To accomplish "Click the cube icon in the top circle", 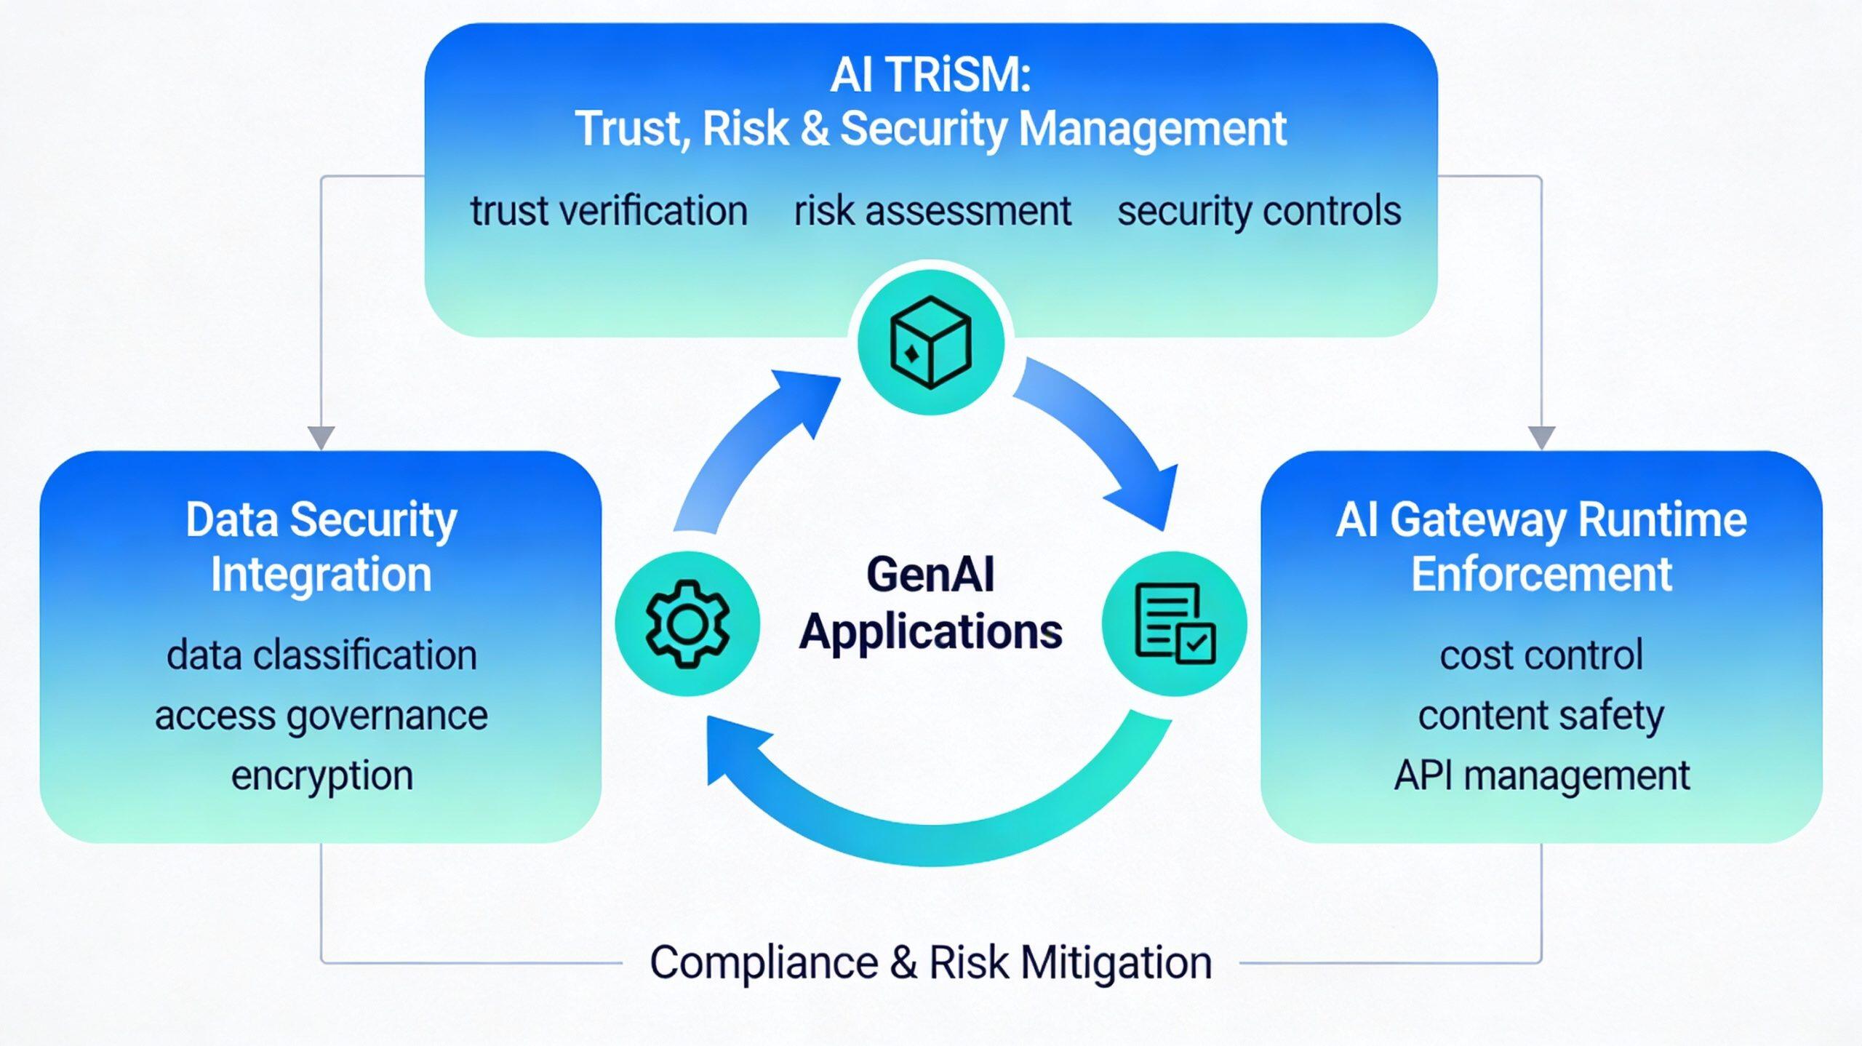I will coord(930,341).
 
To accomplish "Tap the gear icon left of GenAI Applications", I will coord(687,623).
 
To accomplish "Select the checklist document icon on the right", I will coord(1174,623).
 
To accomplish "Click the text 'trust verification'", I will coord(609,211).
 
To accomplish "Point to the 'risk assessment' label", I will coord(932,211).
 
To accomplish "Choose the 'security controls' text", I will coord(1259,211).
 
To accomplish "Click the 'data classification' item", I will coord(321,655).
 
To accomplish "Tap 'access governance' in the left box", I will coord(321,716).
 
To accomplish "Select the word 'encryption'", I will coord(321,775).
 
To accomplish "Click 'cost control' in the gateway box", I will coord(1541,655).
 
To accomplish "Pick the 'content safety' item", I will coord(1541,716).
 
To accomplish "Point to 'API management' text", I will coord(1541,775).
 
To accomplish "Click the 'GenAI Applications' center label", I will coord(930,602).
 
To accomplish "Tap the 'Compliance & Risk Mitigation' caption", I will coord(930,962).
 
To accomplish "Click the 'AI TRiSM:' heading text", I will coord(930,75).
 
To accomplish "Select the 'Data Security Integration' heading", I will coord(321,546).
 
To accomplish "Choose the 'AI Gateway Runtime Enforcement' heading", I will coord(1541,546).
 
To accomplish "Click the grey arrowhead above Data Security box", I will coord(321,438).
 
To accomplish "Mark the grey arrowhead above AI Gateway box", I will coord(1541,438).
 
